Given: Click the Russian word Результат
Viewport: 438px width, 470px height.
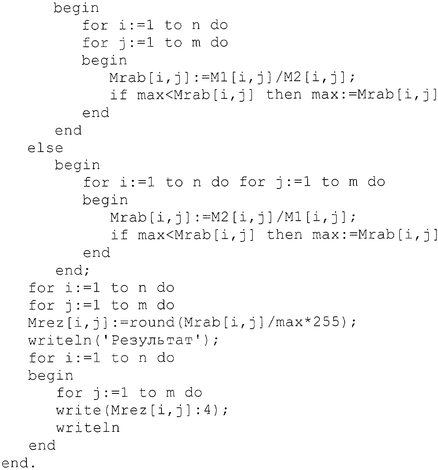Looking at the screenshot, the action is click(152, 341).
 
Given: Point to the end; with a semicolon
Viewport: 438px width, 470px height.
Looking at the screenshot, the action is click(72, 270).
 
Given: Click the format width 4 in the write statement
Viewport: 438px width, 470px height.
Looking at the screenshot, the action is click(207, 410).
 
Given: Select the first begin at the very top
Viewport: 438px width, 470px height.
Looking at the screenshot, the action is click(76, 8).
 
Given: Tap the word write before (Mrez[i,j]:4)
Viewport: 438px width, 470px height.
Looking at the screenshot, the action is click(78, 410).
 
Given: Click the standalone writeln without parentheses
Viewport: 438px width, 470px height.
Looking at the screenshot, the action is click(88, 427).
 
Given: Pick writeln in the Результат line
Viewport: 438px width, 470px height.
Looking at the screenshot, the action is click(60, 340).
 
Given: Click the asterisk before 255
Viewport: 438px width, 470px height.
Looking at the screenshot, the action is click(307, 321).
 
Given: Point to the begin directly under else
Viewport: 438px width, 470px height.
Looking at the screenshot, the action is click(77, 165).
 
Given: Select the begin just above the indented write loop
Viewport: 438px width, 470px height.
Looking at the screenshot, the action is click(51, 375).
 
